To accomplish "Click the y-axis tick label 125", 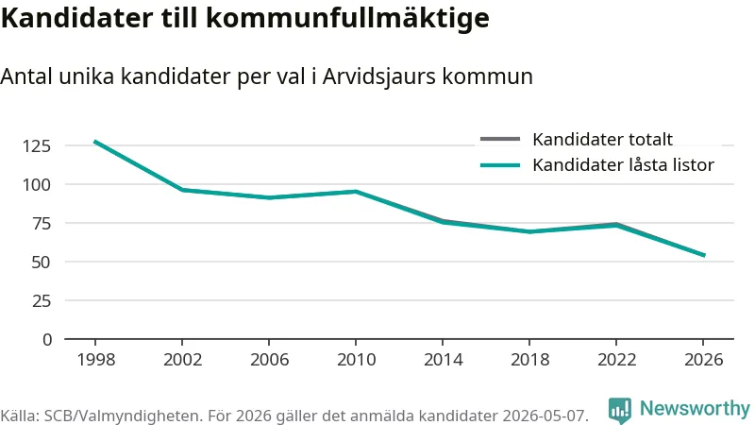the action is pyautogui.click(x=37, y=145).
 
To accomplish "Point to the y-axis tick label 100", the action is pyautogui.click(x=37, y=184).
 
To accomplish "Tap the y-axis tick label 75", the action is pyautogui.click(x=42, y=223).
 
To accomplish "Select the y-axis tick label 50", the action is pyautogui.click(x=42, y=263).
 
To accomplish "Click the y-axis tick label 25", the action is pyautogui.click(x=42, y=300).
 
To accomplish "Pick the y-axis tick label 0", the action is pyautogui.click(x=46, y=340).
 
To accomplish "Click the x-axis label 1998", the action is pyautogui.click(x=96, y=360).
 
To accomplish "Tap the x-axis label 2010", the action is pyautogui.click(x=357, y=360).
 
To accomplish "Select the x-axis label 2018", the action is pyautogui.click(x=529, y=360).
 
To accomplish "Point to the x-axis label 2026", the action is pyautogui.click(x=703, y=360).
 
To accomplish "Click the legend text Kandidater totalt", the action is pyautogui.click(x=602, y=139).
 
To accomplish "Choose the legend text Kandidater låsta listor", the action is pyautogui.click(x=623, y=164).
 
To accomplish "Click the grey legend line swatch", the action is pyautogui.click(x=500, y=139).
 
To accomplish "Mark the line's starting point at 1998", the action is pyautogui.click(x=95, y=142).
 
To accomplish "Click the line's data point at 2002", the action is pyautogui.click(x=182, y=190).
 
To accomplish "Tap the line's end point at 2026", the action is pyautogui.click(x=704, y=255).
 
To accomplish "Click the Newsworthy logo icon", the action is pyautogui.click(x=620, y=410).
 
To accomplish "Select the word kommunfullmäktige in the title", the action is pyautogui.click(x=347, y=18).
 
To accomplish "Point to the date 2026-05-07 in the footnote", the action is pyautogui.click(x=545, y=416).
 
